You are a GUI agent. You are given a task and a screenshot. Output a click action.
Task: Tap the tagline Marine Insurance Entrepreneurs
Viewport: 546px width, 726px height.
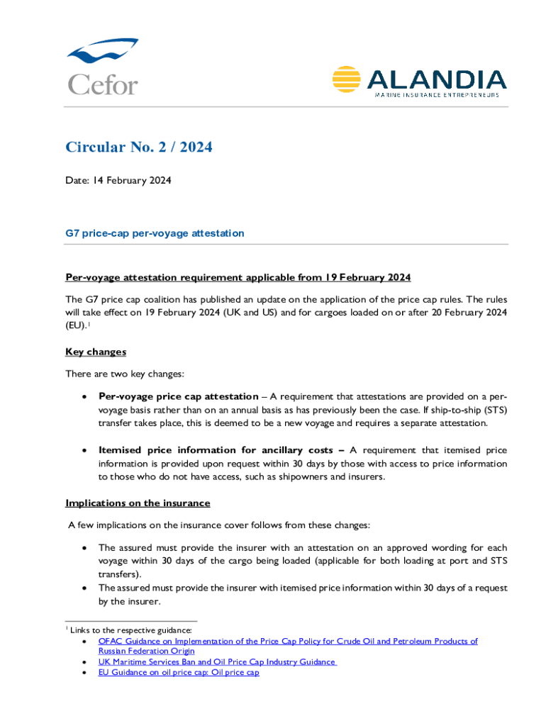click(436, 95)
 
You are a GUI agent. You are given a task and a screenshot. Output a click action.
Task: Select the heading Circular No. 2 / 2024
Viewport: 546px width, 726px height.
click(139, 147)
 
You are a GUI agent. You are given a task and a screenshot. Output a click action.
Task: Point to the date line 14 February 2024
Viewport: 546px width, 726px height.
click(118, 181)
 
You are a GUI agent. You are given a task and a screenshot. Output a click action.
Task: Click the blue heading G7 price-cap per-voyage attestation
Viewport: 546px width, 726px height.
click(155, 233)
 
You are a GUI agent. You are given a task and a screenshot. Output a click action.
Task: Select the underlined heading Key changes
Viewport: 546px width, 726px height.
click(96, 352)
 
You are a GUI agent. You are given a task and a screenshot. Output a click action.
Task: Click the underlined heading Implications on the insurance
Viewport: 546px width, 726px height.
click(138, 503)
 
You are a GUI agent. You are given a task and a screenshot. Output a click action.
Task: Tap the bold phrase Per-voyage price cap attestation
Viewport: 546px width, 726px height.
click(178, 396)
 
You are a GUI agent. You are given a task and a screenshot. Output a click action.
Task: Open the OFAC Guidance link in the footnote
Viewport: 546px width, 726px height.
click(288, 641)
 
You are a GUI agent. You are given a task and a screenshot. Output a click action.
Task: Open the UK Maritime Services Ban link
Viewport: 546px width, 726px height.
click(217, 661)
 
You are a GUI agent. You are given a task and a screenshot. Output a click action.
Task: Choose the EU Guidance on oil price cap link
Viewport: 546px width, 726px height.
click(179, 672)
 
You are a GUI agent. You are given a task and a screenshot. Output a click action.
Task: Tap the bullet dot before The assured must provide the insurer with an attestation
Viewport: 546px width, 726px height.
click(85, 549)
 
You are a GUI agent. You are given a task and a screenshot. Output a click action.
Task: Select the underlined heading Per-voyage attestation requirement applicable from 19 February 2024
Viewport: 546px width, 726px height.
click(238, 277)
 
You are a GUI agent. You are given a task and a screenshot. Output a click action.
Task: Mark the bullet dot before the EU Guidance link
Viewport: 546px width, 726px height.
click(85, 673)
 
